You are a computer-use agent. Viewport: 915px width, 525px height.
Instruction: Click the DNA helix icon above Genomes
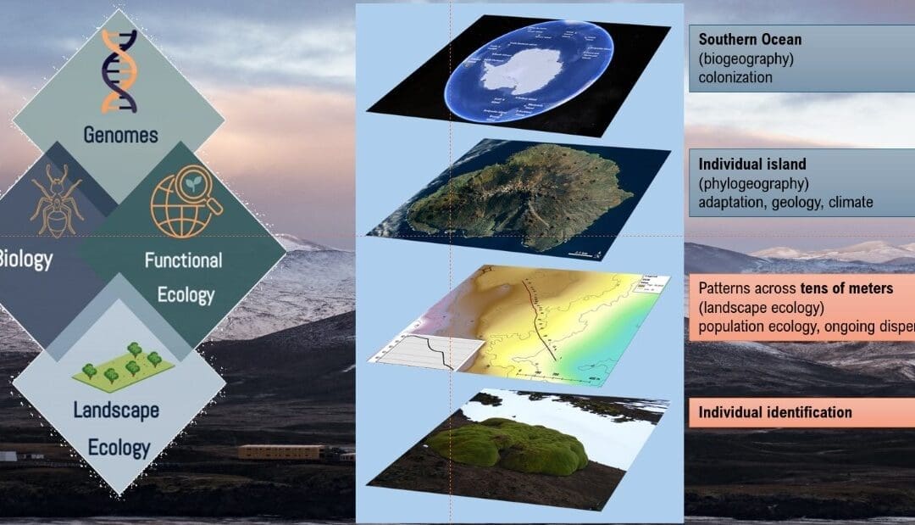click(119, 71)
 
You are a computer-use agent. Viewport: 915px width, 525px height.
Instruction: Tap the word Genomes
click(119, 134)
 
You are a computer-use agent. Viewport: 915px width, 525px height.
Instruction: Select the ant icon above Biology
click(56, 199)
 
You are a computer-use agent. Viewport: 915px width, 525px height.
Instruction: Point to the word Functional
click(183, 260)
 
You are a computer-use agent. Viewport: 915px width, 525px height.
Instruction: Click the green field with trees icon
click(123, 364)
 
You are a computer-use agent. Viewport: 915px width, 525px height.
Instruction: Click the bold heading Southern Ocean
click(750, 40)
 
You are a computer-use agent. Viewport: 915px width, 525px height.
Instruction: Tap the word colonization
click(735, 77)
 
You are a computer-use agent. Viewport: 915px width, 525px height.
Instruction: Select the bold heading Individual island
click(752, 164)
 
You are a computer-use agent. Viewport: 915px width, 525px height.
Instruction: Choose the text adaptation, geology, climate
click(785, 203)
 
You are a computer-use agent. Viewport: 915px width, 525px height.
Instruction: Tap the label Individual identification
click(775, 413)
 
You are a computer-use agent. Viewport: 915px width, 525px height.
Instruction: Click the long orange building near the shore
click(280, 452)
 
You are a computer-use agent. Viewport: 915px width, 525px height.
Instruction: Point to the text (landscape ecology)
click(762, 308)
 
